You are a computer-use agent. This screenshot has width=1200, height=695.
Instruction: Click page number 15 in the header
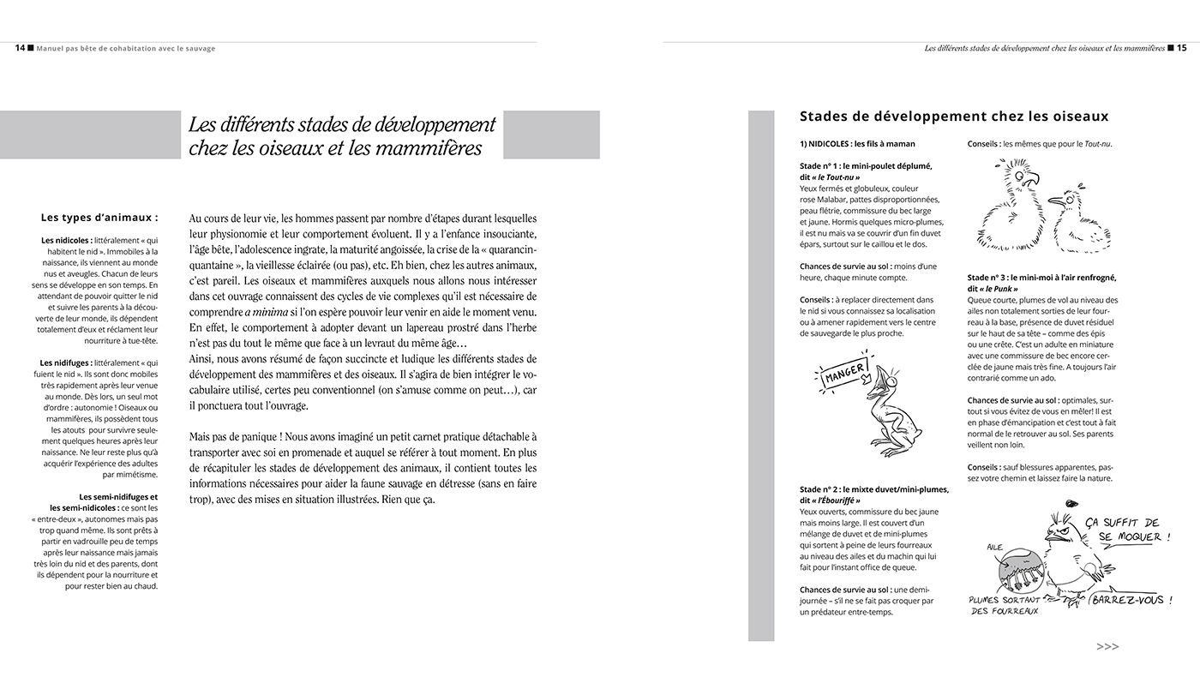coord(1181,49)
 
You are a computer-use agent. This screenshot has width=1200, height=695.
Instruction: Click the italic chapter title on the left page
coord(342,135)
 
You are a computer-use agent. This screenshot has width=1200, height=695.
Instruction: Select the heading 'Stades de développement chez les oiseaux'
coord(953,117)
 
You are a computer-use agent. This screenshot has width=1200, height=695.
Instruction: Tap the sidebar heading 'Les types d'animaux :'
coord(99,218)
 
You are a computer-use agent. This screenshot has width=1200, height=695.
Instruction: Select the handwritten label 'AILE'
coord(993,546)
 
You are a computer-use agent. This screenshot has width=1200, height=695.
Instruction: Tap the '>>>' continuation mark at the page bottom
coord(1107,647)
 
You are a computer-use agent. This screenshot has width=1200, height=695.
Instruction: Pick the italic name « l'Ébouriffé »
coord(831,500)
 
